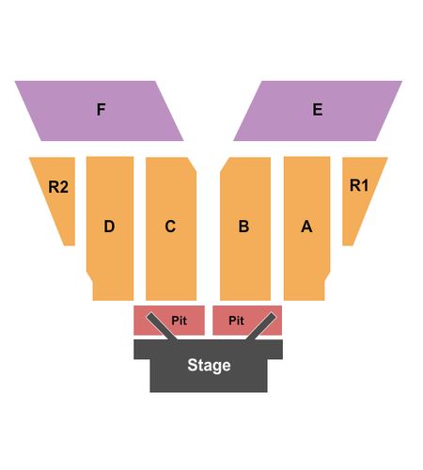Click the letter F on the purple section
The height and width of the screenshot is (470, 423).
[101, 109]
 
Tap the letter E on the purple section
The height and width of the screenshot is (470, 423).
[318, 109]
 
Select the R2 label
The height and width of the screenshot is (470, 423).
[58, 187]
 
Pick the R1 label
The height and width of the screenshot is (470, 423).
[359, 185]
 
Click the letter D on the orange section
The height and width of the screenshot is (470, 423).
[109, 227]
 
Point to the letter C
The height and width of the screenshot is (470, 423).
[170, 227]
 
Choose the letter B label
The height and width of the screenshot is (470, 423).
[243, 227]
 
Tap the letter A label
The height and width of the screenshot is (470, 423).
[306, 227]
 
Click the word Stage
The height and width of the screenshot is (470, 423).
[209, 366]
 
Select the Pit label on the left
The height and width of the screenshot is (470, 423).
[179, 321]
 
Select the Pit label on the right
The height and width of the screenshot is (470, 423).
[236, 321]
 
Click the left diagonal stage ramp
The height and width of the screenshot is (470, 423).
[162, 326]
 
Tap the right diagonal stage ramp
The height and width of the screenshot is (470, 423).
[261, 326]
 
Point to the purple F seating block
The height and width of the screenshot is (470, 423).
[99, 111]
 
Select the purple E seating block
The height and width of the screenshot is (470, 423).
[318, 111]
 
